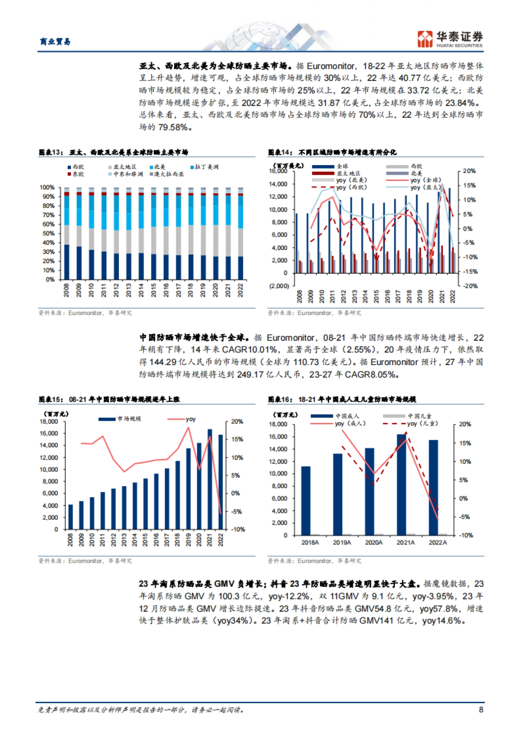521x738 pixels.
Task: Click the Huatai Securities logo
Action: coord(450,39)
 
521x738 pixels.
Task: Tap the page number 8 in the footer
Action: coord(481,710)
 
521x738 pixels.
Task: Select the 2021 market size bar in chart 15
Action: coord(210,479)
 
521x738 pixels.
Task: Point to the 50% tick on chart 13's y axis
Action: coord(47,233)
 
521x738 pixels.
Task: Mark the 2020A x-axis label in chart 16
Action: coord(374,542)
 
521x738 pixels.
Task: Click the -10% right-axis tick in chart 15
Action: coord(238,529)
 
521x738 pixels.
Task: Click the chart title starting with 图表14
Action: coord(332,152)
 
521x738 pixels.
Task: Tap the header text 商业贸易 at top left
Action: coord(55,42)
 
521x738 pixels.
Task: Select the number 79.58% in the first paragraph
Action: coord(174,127)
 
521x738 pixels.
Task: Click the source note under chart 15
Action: coord(85,561)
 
